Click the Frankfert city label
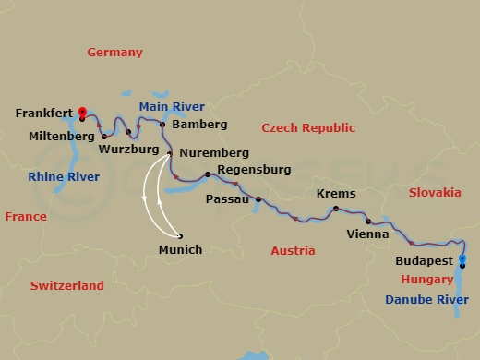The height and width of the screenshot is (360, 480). tap(43, 114)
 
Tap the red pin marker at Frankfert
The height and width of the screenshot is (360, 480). tap(82, 113)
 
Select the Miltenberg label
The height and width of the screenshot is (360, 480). tap(62, 137)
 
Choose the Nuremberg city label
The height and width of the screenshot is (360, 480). tap(214, 152)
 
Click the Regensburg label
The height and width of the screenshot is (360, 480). tap(254, 170)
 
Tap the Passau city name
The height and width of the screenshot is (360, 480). tap(227, 198)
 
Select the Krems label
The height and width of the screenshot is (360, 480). tap(335, 194)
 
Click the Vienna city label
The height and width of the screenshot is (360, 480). tap(367, 235)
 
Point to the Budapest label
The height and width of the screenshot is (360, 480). tap(424, 261)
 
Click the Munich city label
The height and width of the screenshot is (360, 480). tap(181, 249)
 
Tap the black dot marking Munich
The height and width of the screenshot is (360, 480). tap(180, 235)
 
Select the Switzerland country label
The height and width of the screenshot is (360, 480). tap(66, 286)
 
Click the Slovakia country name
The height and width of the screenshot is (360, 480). tap(434, 192)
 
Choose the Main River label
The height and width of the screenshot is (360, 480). tap(172, 106)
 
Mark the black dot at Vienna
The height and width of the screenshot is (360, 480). tap(367, 222)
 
